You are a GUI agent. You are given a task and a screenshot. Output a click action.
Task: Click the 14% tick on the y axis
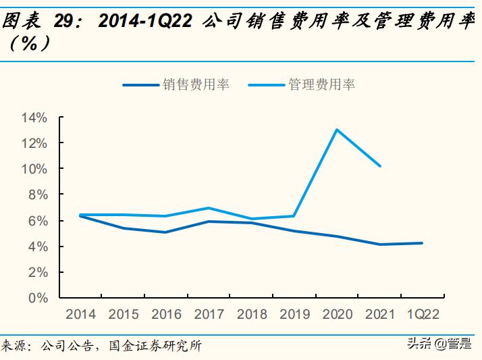34,118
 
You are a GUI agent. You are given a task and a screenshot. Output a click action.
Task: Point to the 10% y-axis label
34,169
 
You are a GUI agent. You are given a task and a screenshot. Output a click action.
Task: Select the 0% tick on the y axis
38,298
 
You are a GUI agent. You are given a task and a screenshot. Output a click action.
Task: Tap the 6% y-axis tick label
38,221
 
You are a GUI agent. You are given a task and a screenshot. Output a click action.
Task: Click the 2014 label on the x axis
80,315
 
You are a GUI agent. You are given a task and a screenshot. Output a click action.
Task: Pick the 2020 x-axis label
337,315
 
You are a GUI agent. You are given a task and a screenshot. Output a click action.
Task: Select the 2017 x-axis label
209,315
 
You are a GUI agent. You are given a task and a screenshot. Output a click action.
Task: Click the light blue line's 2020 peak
337,130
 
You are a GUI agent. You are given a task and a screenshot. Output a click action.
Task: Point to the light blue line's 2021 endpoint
380,165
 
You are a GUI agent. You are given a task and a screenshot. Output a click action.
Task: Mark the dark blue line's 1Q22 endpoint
423,243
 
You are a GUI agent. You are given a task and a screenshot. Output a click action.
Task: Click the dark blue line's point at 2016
166,232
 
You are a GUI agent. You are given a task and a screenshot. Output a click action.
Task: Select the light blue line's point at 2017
209,208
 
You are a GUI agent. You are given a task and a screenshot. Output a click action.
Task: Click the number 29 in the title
65,22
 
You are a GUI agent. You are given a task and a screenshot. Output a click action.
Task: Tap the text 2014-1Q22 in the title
145,22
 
